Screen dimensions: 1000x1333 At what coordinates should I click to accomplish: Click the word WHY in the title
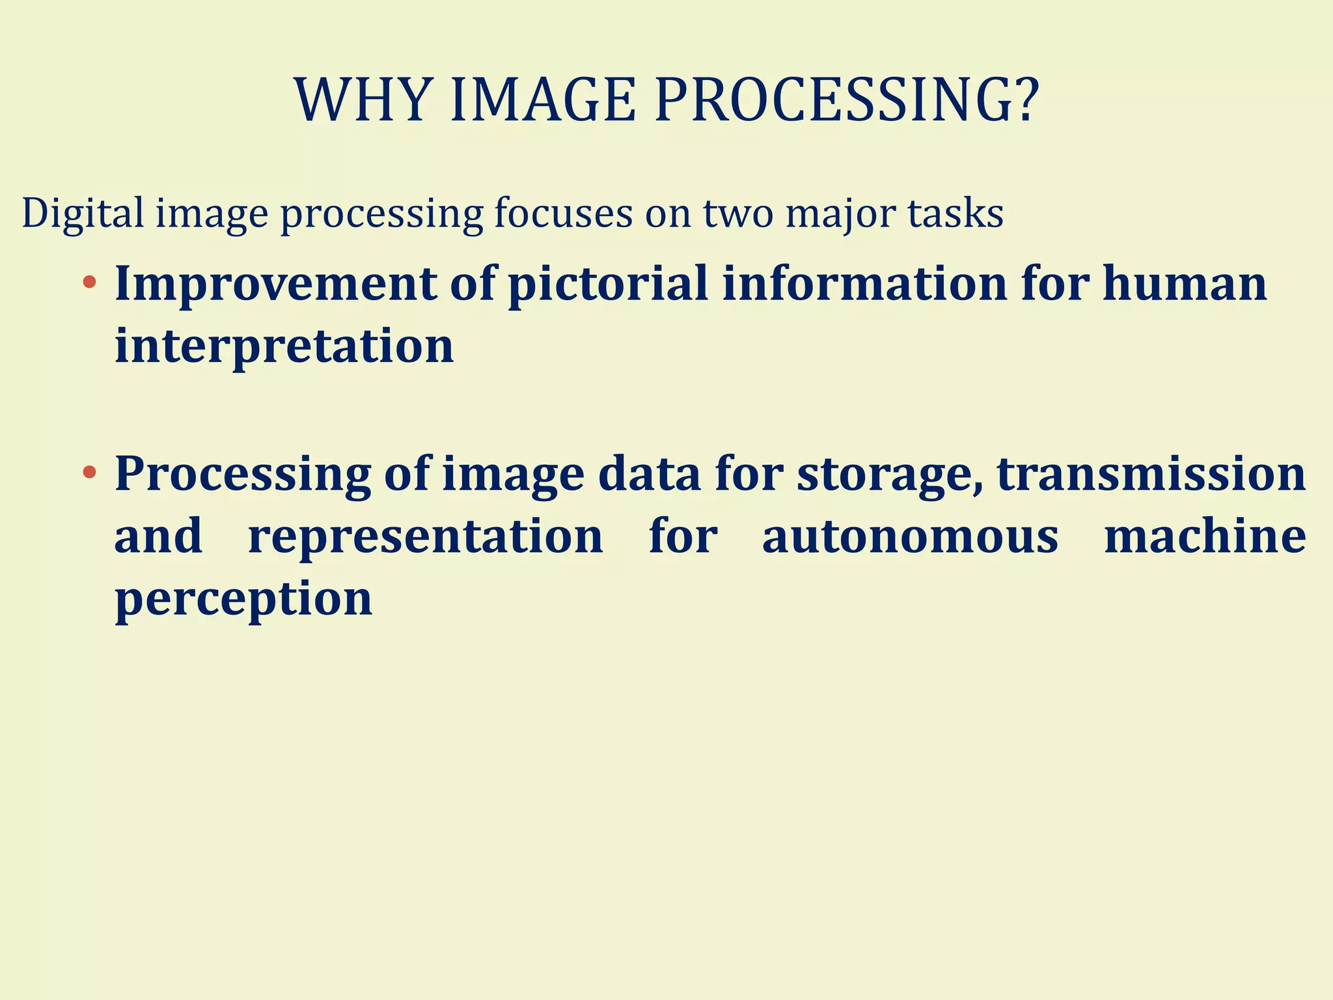(362, 101)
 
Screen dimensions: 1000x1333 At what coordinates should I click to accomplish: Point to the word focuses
(563, 214)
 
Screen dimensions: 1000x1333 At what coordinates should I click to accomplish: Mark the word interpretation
(284, 346)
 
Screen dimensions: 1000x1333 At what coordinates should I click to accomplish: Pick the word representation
(426, 536)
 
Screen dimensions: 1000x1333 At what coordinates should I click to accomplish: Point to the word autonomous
(910, 536)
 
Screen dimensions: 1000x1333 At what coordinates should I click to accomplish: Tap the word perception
(243, 599)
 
